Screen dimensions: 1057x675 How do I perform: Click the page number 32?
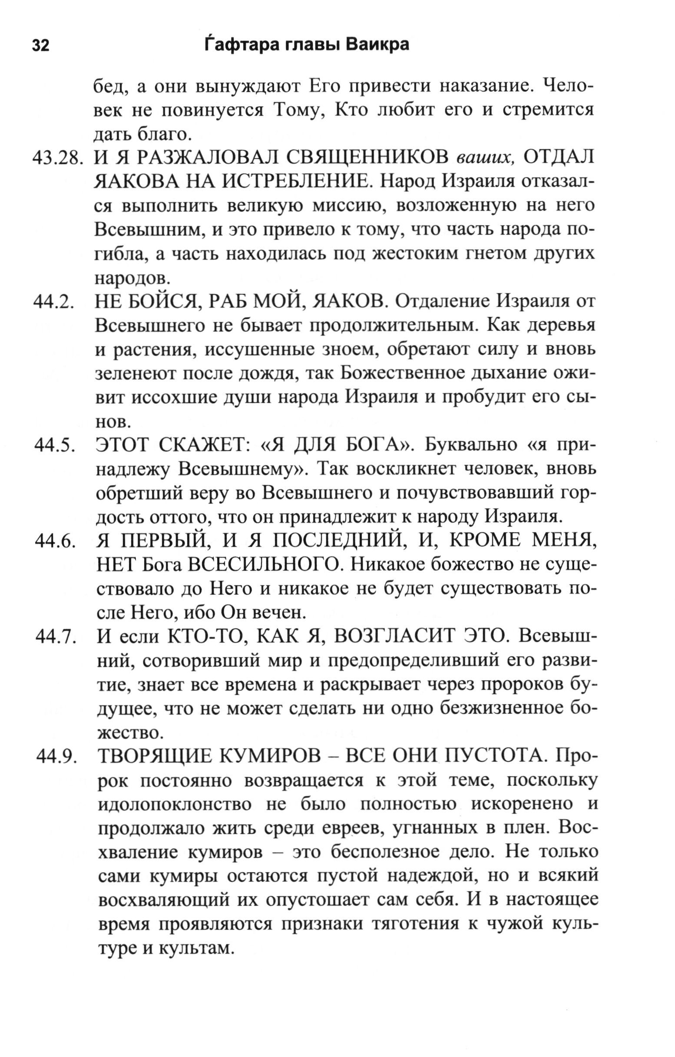(40, 46)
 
